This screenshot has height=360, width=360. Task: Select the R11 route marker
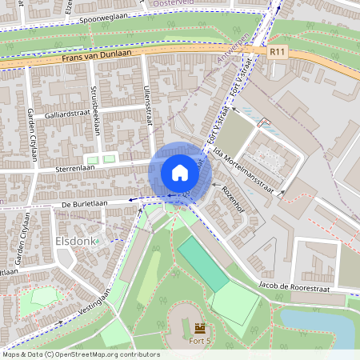[278, 52]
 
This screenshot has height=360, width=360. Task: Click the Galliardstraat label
[56, 115]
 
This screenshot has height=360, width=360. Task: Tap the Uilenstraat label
[147, 107]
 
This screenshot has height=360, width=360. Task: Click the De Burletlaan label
[84, 204]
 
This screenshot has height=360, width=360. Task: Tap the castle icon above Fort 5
[199, 328]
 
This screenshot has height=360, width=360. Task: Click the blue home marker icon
[179, 171]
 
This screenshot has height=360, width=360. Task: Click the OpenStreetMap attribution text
[80, 354]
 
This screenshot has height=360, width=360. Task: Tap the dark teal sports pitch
[203, 265]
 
